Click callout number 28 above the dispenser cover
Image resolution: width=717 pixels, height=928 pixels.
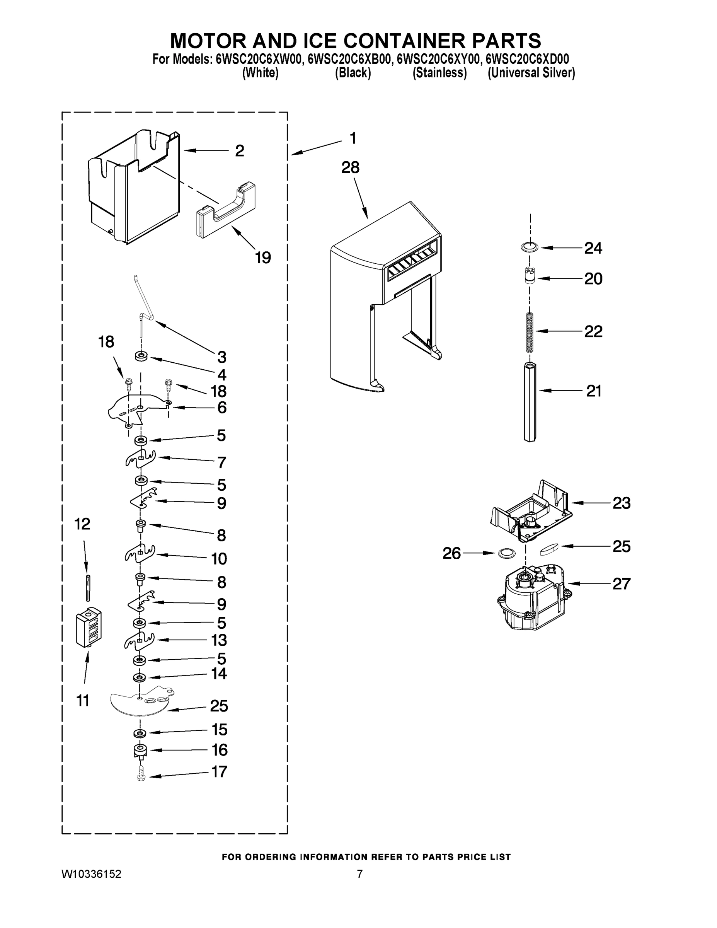(351, 167)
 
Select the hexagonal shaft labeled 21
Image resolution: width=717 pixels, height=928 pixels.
(529, 401)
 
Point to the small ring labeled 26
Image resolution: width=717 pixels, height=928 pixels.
(504, 553)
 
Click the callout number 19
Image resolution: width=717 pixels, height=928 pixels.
(263, 258)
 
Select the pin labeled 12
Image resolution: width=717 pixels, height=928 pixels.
(88, 587)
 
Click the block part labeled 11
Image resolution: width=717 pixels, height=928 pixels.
(89, 626)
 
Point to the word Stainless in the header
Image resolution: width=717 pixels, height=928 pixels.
(439, 73)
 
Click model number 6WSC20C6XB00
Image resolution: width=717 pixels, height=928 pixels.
(349, 59)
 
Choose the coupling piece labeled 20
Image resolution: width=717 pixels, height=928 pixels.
(529, 275)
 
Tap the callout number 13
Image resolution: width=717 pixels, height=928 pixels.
(219, 640)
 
